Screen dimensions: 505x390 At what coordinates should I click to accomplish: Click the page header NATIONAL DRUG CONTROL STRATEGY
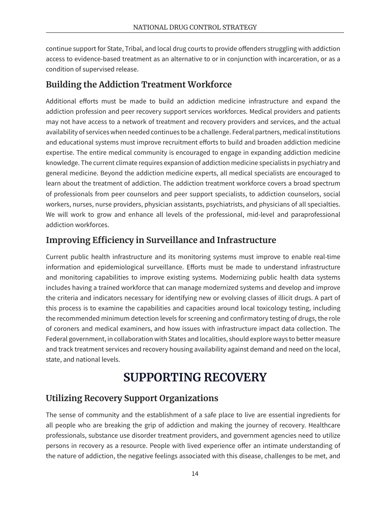coord(195,27)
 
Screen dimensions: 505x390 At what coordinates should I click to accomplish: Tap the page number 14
coord(195,474)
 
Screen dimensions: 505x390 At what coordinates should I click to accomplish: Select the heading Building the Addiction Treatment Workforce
coord(138,85)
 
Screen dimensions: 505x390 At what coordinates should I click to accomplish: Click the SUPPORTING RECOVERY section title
coord(195,377)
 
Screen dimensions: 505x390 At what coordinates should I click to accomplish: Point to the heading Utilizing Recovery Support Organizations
coord(132,398)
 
